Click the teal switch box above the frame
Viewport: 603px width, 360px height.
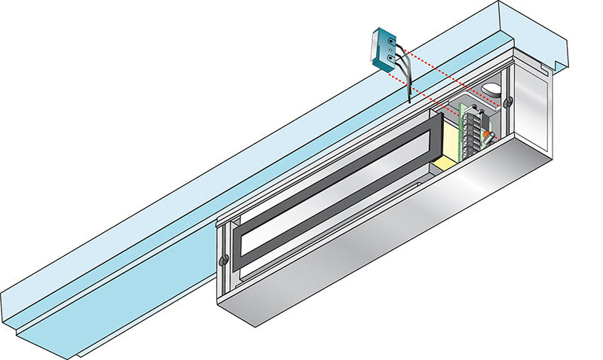coord(385,49)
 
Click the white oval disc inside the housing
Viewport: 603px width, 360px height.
coord(491,89)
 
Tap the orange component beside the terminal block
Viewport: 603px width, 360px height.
coord(488,137)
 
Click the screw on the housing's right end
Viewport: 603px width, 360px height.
coord(510,100)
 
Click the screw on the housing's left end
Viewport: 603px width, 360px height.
coord(223,261)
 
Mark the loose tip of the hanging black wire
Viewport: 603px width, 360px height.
coord(408,102)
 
